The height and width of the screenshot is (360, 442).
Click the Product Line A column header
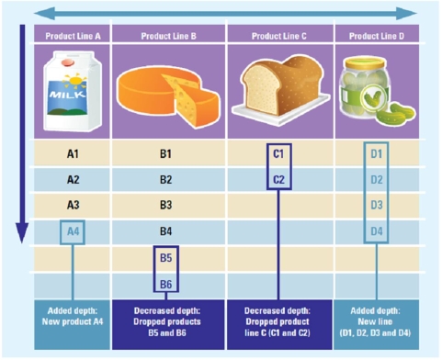pyautogui.click(x=73, y=35)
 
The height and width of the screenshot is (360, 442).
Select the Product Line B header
pyautogui.click(x=168, y=35)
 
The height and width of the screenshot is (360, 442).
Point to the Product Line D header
pyautogui.click(x=375, y=35)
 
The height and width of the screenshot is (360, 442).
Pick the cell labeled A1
pyautogui.click(x=73, y=153)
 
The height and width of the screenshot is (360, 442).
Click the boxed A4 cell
pyautogui.click(x=73, y=231)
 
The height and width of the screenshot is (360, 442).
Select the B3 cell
pyautogui.click(x=166, y=205)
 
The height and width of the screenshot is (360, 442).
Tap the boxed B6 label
pyautogui.click(x=166, y=284)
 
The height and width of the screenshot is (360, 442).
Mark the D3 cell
pyautogui.click(x=376, y=205)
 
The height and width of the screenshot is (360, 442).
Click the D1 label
pyautogui.click(x=376, y=153)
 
